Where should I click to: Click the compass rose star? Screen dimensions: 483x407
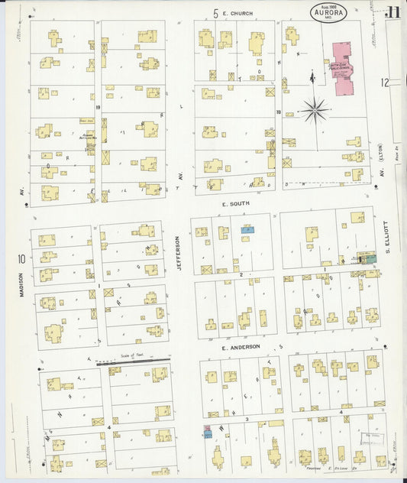314,111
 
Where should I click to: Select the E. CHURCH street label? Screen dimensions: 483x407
237,13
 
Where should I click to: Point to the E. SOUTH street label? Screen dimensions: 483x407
236,205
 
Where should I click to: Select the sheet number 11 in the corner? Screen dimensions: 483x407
392,12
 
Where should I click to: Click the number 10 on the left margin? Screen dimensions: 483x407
22,259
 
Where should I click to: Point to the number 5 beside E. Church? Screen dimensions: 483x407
216,13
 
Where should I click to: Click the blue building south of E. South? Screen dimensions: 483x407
247,229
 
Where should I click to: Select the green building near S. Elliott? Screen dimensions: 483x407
370,273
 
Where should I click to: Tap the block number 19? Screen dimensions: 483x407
99,107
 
